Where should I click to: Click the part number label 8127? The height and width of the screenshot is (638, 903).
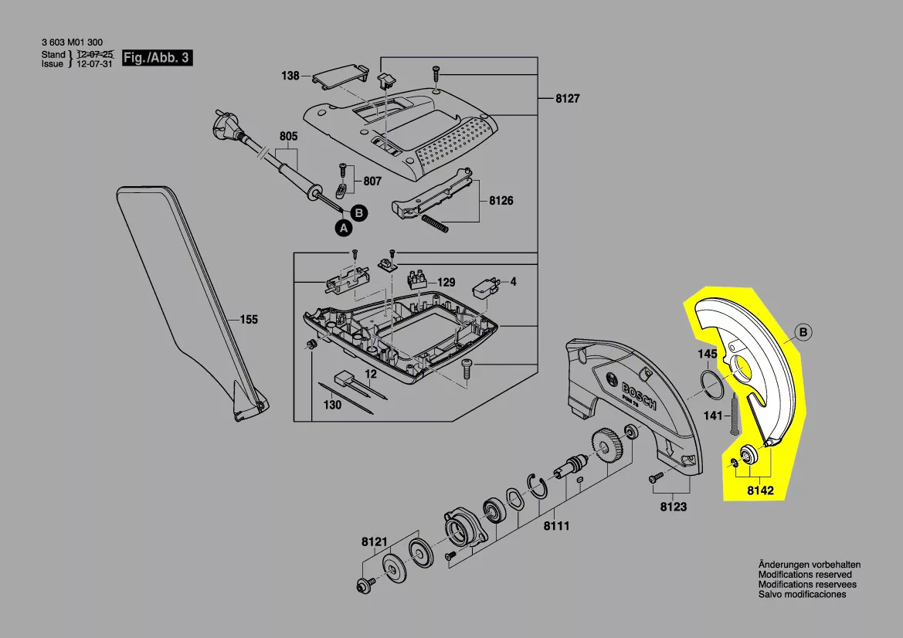567,98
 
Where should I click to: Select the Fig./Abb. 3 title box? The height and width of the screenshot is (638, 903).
158,58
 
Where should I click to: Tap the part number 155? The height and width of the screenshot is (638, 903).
249,319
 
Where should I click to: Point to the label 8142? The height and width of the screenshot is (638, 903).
760,490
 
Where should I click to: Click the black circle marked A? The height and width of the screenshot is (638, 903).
344,228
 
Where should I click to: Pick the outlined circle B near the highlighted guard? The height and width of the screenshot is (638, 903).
803,332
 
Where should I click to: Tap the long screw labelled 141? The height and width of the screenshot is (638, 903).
737,415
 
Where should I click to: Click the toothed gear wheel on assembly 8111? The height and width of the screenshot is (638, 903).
606,446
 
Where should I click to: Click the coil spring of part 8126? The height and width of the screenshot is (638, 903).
435,223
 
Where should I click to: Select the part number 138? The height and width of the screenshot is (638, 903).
290,76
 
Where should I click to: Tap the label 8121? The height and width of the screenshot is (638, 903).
375,542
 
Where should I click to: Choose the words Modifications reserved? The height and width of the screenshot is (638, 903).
805,575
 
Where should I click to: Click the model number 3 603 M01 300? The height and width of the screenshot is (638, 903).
72,42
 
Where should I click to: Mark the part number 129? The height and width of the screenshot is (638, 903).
446,282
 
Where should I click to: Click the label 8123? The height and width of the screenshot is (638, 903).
674,507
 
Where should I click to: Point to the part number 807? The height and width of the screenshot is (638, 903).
372,182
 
